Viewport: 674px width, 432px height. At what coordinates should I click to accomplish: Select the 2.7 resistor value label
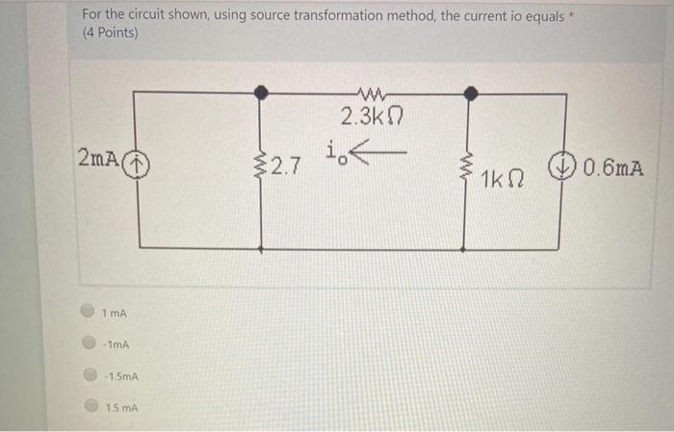click(286, 168)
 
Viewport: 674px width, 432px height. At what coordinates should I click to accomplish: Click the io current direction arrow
click(381, 154)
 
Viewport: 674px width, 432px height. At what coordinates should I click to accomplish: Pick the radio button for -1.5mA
click(89, 375)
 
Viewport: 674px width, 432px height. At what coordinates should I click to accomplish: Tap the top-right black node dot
click(469, 92)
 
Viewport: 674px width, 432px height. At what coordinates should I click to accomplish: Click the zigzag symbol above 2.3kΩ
click(366, 95)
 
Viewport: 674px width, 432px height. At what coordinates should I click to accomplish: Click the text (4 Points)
click(110, 34)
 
